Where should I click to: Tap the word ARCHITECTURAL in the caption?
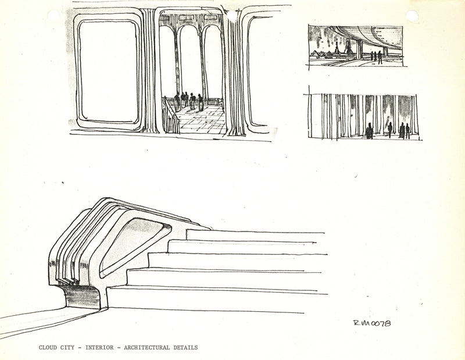tap(146, 348)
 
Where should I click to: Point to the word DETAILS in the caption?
tap(185, 348)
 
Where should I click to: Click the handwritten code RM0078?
tap(371, 323)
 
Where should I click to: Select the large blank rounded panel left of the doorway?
tap(108, 70)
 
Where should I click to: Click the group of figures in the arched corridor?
tap(188, 101)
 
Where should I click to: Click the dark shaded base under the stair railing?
tap(83, 297)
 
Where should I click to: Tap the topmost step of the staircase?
tap(256, 235)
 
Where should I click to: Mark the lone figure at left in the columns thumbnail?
tap(369, 131)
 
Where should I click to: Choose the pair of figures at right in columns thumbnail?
tap(404, 130)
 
